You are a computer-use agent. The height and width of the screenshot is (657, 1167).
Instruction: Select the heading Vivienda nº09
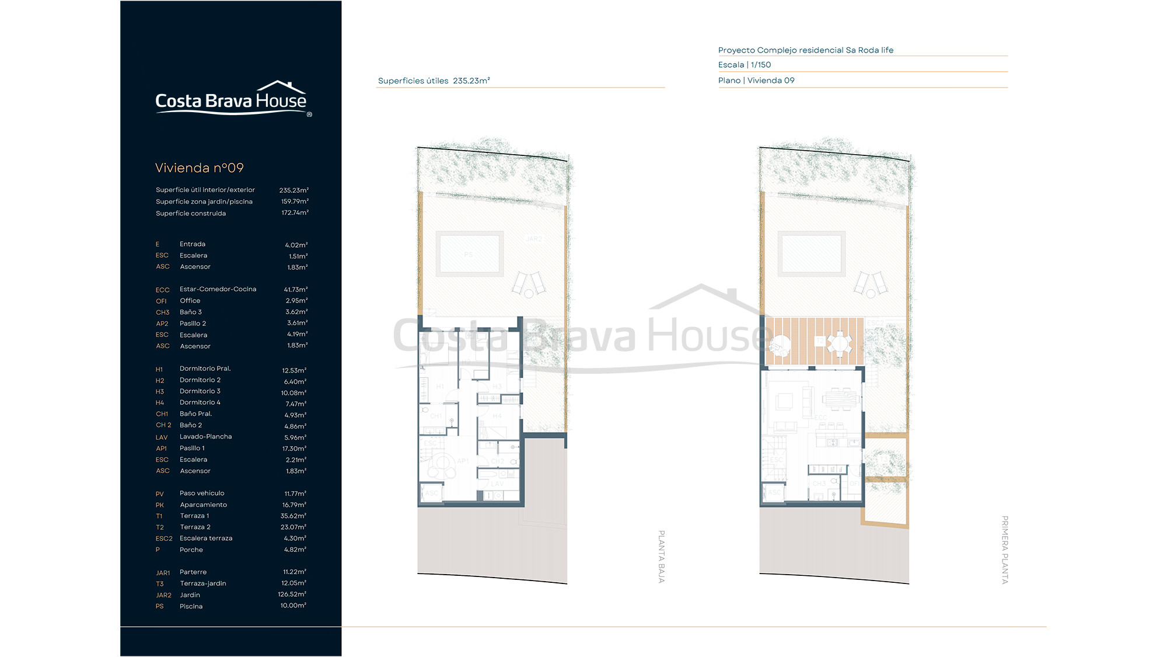200,168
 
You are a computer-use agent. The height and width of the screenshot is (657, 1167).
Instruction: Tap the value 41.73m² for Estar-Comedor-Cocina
295,290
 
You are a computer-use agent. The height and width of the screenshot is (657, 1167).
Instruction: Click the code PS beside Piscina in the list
160,607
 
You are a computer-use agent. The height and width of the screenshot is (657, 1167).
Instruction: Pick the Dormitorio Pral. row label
205,369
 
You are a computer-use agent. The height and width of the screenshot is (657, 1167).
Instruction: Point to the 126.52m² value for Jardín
292,595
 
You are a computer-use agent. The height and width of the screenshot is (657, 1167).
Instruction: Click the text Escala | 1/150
745,65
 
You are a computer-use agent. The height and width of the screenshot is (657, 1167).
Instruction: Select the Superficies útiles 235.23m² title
434,81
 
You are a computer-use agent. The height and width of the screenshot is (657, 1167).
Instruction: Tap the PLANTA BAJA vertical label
661,556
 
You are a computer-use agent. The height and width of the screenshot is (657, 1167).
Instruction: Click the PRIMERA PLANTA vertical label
1004,550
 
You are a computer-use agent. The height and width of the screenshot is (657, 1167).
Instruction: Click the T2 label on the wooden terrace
820,340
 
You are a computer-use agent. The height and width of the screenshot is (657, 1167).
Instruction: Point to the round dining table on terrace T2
839,343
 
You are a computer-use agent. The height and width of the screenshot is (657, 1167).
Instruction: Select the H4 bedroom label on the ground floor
497,416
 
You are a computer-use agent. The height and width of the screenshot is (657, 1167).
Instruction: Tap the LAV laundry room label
497,484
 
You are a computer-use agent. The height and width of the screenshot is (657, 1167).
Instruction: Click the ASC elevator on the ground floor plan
431,493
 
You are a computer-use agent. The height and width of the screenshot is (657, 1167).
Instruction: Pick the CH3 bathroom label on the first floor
819,484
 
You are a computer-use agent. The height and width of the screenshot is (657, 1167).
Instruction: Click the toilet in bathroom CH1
425,410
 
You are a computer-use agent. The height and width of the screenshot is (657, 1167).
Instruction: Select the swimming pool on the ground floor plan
469,253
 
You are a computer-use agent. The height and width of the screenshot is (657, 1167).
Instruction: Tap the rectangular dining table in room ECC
840,399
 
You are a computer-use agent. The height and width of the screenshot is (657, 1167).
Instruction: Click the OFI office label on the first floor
854,484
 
